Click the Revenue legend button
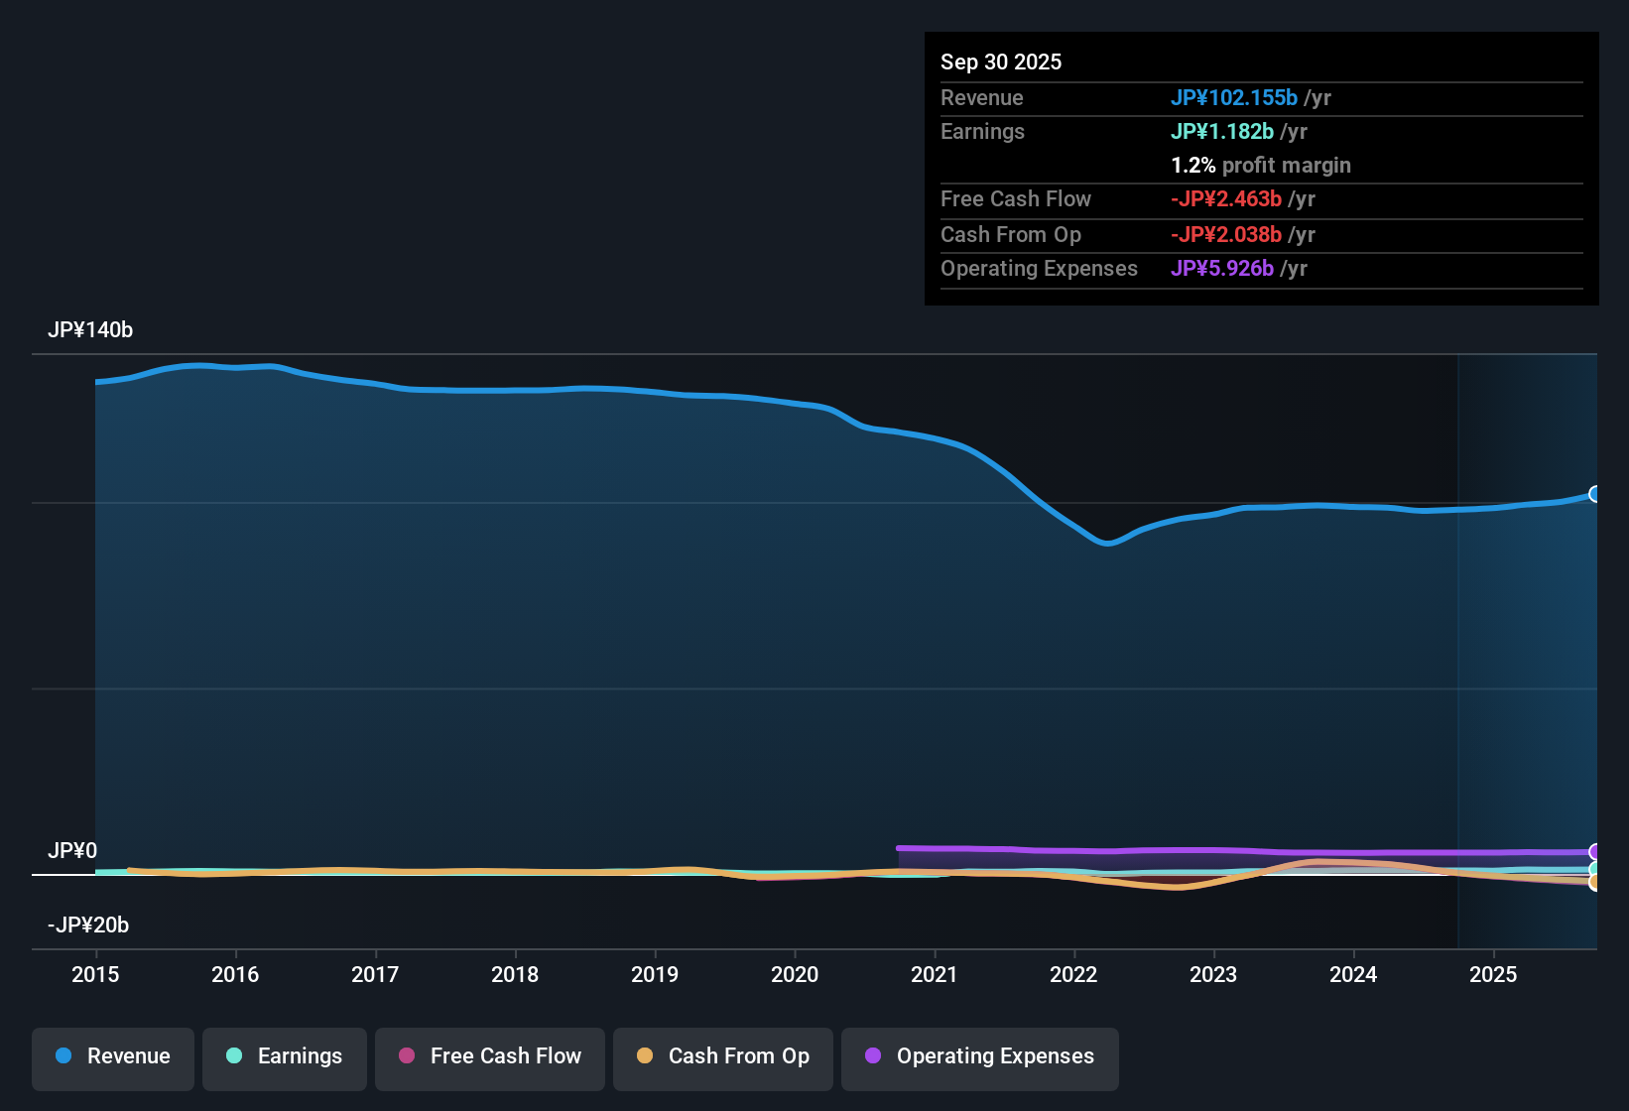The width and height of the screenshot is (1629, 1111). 113,1056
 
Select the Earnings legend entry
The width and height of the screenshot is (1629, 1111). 285,1056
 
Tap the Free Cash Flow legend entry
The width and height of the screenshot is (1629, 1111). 490,1056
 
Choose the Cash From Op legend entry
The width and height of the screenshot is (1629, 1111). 723,1056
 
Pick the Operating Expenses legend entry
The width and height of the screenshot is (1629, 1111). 980,1056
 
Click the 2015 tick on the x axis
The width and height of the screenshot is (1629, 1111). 95,974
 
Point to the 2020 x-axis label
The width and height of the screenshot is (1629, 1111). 795,974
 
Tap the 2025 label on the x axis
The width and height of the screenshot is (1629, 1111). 1493,974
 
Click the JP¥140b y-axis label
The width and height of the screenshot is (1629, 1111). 90,330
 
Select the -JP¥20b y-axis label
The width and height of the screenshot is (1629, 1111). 88,926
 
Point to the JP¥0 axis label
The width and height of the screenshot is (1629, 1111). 72,851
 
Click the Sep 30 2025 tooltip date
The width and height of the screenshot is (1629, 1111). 1001,62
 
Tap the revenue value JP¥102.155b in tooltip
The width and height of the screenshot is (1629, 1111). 1233,98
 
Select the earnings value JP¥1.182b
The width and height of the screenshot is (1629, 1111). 1221,132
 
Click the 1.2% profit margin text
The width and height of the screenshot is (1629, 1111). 1260,166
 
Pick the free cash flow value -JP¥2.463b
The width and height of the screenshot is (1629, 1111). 1225,199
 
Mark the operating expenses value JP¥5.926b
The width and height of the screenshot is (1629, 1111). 1221,269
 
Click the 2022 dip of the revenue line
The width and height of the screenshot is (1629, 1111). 1107,543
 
